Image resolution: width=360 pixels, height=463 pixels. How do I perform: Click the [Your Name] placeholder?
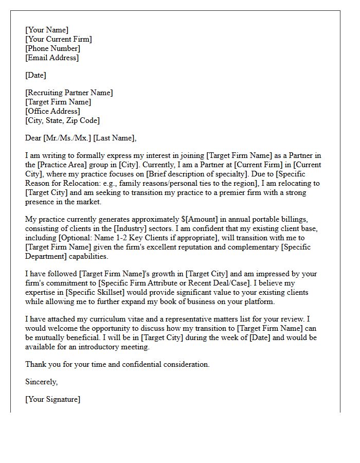pyautogui.click(x=47, y=30)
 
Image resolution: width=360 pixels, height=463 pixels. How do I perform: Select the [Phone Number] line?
pyautogui.click(x=52, y=48)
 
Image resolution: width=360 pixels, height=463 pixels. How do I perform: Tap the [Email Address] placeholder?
pyautogui.click(x=52, y=58)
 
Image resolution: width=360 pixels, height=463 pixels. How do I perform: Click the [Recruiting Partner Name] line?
pyautogui.click(x=69, y=93)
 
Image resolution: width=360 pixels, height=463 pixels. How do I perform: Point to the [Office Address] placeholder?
pyautogui.click(x=52, y=111)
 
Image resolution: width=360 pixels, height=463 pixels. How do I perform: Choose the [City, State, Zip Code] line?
pyautogui.click(x=62, y=120)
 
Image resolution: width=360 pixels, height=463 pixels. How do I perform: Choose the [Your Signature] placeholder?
pyautogui.click(x=52, y=399)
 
